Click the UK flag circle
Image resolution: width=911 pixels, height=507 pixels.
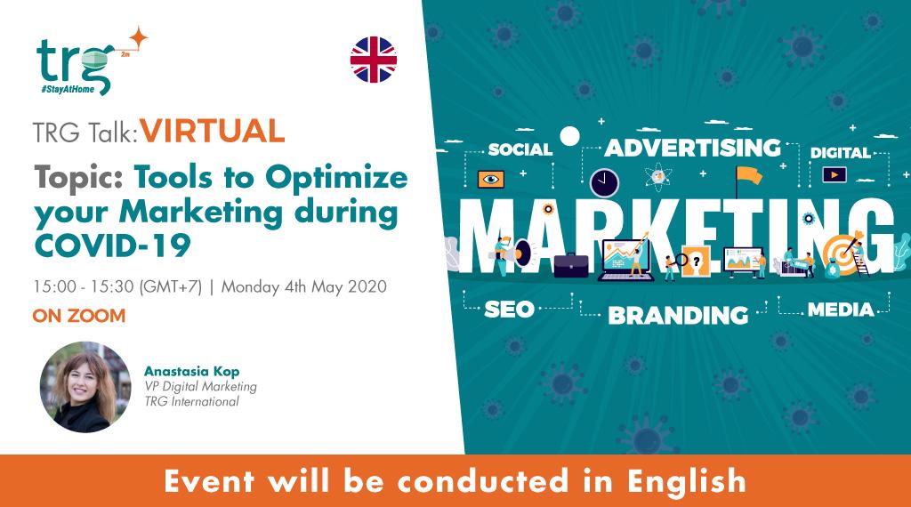click(373, 60)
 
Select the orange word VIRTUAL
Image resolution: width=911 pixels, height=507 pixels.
click(213, 132)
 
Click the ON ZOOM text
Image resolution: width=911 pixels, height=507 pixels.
click(78, 316)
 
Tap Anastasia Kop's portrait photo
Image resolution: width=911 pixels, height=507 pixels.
click(79, 387)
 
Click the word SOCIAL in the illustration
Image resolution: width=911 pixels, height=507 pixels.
click(520, 149)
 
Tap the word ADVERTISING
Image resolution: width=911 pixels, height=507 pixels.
click(692, 147)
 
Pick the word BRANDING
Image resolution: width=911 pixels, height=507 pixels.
click(678, 314)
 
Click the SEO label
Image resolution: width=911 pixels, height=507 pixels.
click(509, 310)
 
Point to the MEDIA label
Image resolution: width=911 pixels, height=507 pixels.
click(841, 310)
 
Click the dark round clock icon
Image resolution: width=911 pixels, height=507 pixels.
click(605, 181)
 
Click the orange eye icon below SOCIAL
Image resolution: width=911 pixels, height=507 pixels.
click(490, 179)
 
